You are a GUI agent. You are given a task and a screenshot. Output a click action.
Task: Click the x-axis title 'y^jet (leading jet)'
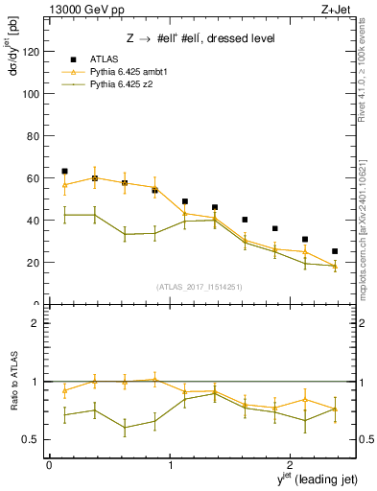[308, 479]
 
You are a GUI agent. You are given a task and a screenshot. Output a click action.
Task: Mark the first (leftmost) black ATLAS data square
[64, 171]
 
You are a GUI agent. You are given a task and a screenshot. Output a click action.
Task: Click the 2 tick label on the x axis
[292, 464]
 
